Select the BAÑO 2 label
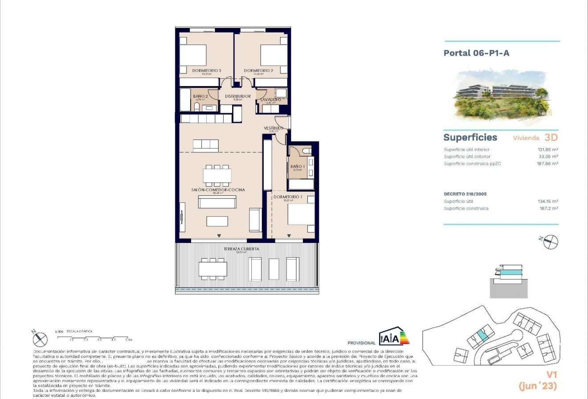[200, 96]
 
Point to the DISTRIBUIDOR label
[237, 96]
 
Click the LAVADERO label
[271, 100]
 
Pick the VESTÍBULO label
[273, 128]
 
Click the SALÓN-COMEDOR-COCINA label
[218, 190]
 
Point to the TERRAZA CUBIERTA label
[242, 249]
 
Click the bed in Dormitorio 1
[301, 214]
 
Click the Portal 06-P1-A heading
[476, 53]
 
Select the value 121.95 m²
[548, 150]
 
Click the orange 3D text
[551, 137]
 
